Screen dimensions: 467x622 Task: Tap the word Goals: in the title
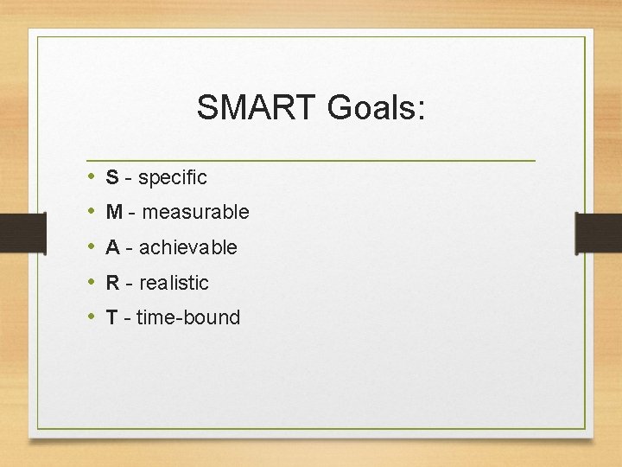(x=377, y=108)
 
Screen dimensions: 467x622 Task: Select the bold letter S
(x=112, y=177)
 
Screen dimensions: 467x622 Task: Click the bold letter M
(x=114, y=212)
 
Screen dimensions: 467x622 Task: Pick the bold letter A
(x=112, y=247)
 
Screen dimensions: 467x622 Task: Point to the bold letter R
(x=112, y=283)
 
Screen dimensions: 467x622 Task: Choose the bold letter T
(x=111, y=317)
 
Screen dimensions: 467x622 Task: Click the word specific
(x=173, y=178)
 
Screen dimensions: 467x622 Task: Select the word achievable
(x=187, y=247)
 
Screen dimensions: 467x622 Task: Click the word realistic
(x=174, y=283)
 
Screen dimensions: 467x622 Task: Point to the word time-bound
(x=188, y=317)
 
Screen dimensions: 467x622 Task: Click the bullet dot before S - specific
(x=91, y=177)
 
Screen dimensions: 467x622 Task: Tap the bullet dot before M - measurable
(x=91, y=212)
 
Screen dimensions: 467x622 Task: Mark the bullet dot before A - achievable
(x=91, y=247)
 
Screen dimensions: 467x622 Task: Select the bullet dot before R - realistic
(x=91, y=283)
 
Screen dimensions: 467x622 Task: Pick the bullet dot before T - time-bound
(x=91, y=317)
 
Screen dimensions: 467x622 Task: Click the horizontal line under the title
(x=311, y=161)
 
